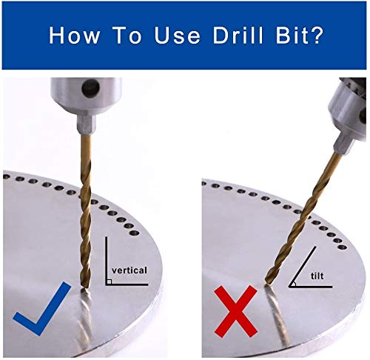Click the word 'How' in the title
[74, 35]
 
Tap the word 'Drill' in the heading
[238, 35]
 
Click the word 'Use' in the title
[177, 35]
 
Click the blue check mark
[42, 309]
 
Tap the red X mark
[236, 310]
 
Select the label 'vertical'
[129, 270]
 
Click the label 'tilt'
[317, 276]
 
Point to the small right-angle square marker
[110, 281]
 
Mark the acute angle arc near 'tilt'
[295, 284]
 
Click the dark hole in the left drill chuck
[90, 87]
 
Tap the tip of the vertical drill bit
[85, 287]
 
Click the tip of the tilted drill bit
[266, 284]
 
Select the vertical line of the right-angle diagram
[106, 261]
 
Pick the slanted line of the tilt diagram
[303, 267]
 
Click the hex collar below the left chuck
[86, 124]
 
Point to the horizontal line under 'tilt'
[311, 287]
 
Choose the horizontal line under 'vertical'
[127, 284]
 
